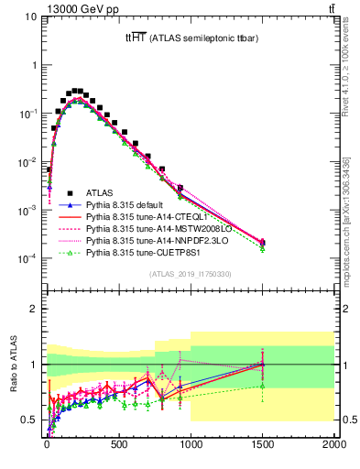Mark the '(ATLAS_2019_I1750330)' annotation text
[191, 274]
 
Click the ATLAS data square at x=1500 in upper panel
[262, 243]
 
